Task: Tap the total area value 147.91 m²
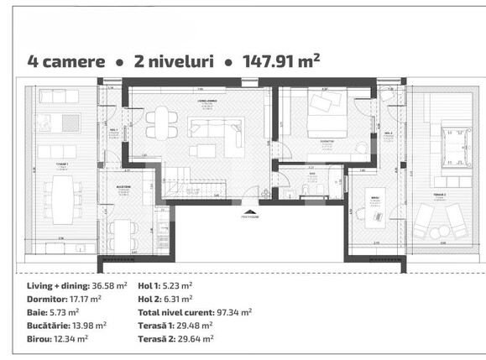(x=282, y=60)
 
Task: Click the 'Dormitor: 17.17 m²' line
(x=64, y=298)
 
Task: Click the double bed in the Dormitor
(x=322, y=118)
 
